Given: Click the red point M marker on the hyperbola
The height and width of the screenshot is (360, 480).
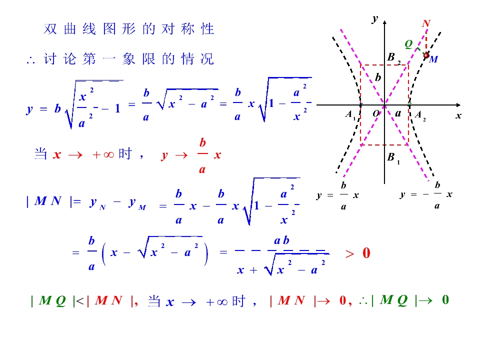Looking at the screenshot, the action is [426, 55].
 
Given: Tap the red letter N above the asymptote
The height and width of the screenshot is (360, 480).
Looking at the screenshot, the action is [426, 23].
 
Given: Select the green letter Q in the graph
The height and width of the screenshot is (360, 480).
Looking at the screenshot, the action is [408, 44].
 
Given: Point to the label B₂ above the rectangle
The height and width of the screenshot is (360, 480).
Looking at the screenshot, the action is [393, 57].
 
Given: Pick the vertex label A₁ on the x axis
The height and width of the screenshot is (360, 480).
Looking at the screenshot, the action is [350, 115].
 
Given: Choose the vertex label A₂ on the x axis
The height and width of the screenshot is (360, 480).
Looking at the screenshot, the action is [420, 115].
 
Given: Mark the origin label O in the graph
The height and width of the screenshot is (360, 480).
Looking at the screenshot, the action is [376, 114].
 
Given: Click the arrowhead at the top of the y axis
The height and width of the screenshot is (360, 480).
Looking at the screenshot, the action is [385, 22].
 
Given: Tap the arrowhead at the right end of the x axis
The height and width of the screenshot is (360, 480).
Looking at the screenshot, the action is [458, 105].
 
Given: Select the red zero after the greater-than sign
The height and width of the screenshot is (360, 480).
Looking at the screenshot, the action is [366, 253].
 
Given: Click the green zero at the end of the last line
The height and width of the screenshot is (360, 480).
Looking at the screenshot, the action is [445, 299].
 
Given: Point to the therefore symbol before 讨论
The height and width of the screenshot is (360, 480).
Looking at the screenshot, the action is [30, 60].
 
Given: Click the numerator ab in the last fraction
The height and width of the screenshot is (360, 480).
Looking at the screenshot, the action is [281, 240].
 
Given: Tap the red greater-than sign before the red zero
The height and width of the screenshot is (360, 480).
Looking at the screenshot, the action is [349, 254].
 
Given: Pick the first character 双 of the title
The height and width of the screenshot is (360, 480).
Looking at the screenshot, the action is [50, 29].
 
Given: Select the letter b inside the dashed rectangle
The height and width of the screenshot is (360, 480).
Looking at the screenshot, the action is [378, 77].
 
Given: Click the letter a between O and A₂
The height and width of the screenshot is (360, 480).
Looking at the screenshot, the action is [398, 113].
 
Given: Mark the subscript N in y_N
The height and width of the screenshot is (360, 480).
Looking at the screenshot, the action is [102, 207].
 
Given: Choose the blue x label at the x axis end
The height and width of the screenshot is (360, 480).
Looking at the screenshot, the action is [458, 116].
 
